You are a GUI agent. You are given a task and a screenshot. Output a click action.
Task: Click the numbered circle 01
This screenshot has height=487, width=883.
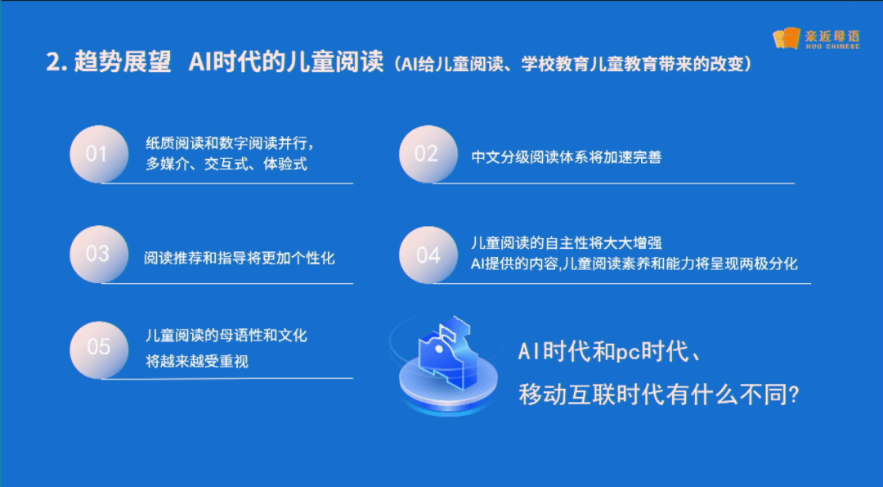99,155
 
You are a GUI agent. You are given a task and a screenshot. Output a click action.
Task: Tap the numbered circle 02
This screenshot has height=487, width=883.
428,155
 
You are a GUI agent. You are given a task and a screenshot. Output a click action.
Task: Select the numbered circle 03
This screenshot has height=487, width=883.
99,255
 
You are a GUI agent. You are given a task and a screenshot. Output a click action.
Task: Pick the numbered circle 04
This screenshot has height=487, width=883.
428,255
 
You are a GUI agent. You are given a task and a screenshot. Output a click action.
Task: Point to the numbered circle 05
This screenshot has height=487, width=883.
99,349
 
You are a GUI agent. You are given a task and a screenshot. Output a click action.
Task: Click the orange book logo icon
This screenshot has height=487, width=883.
787,38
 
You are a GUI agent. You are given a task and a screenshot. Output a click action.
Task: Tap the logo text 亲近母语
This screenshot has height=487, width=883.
832,36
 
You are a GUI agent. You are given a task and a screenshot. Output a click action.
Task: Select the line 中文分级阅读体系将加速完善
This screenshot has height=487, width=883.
566,156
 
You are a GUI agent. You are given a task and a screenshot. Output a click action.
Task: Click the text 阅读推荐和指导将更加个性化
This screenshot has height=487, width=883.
240,258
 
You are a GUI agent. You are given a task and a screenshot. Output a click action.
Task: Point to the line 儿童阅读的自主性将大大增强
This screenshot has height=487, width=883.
566,243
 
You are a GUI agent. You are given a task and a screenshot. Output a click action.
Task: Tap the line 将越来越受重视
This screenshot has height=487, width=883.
196,361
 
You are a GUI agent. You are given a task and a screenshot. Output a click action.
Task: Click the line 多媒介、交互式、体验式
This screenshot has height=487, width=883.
226,164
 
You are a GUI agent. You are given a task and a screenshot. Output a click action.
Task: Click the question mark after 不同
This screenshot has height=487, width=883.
793,395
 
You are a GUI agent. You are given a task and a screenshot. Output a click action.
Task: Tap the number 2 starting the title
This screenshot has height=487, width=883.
53,62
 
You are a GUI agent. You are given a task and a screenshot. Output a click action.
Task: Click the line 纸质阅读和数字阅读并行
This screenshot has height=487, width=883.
230,143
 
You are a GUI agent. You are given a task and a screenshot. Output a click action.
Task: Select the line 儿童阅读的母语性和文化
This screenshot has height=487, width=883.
226,336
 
